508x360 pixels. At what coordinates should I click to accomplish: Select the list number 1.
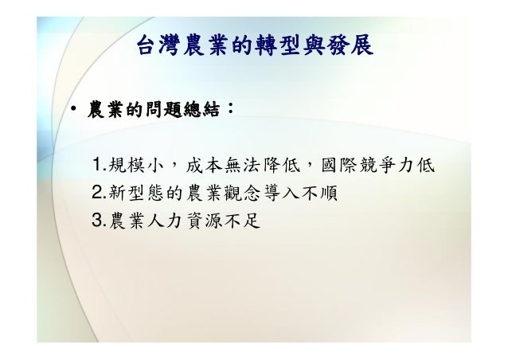coord(96,166)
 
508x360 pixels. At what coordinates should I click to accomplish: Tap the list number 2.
coord(96,191)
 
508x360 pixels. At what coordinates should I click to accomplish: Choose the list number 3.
coord(96,217)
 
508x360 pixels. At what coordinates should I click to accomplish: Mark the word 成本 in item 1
coord(203,166)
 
